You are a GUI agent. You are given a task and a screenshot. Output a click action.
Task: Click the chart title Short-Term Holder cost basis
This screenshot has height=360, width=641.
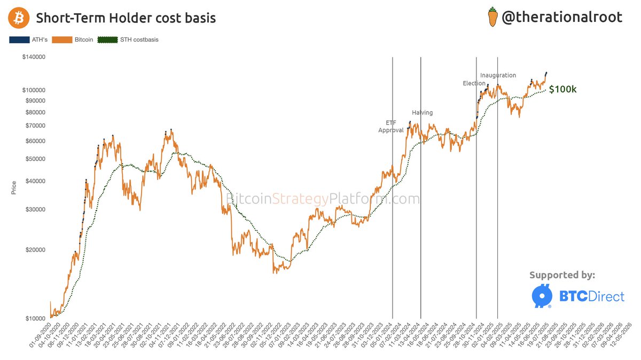[x=126, y=18]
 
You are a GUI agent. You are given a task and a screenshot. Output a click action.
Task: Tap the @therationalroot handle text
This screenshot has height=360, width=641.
[x=561, y=17]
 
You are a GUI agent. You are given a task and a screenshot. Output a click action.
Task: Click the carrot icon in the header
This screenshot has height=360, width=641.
[x=493, y=17]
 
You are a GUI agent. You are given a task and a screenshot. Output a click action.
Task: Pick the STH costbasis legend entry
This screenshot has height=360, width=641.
[x=128, y=40]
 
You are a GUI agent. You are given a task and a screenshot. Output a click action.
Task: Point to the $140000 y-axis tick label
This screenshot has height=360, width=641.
[x=33, y=57]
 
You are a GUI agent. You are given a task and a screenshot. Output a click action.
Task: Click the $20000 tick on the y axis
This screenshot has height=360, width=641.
[x=35, y=250]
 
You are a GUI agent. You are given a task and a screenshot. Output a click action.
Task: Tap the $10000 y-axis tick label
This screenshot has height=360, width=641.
[x=35, y=319]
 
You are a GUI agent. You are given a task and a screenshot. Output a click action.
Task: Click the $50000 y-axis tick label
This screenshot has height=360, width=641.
[x=35, y=159]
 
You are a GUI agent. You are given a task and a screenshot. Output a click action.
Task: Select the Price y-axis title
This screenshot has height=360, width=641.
[x=14, y=188]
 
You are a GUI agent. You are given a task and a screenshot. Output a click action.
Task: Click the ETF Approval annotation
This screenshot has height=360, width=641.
[x=391, y=127]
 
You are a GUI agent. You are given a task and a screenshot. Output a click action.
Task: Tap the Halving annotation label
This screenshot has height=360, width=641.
[x=422, y=113]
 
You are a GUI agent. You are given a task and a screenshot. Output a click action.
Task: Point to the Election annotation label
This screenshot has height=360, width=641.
[x=473, y=83]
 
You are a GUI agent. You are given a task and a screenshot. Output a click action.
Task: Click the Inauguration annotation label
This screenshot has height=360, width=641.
[x=498, y=75]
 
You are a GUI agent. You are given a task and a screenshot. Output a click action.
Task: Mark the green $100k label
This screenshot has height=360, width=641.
[x=562, y=89]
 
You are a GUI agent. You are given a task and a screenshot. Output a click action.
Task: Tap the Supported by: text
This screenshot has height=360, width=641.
[x=562, y=275]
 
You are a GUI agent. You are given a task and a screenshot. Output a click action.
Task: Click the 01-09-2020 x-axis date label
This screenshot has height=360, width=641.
[x=43, y=337]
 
